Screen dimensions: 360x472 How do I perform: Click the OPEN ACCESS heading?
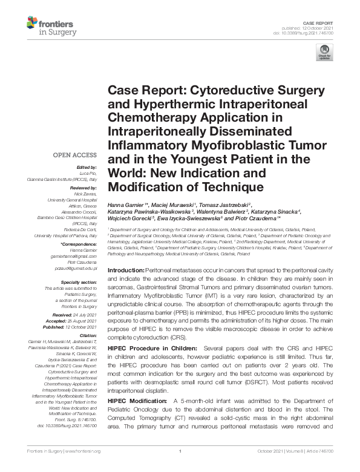tap(76, 154)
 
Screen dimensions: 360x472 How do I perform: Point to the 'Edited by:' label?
tap(87, 167)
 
